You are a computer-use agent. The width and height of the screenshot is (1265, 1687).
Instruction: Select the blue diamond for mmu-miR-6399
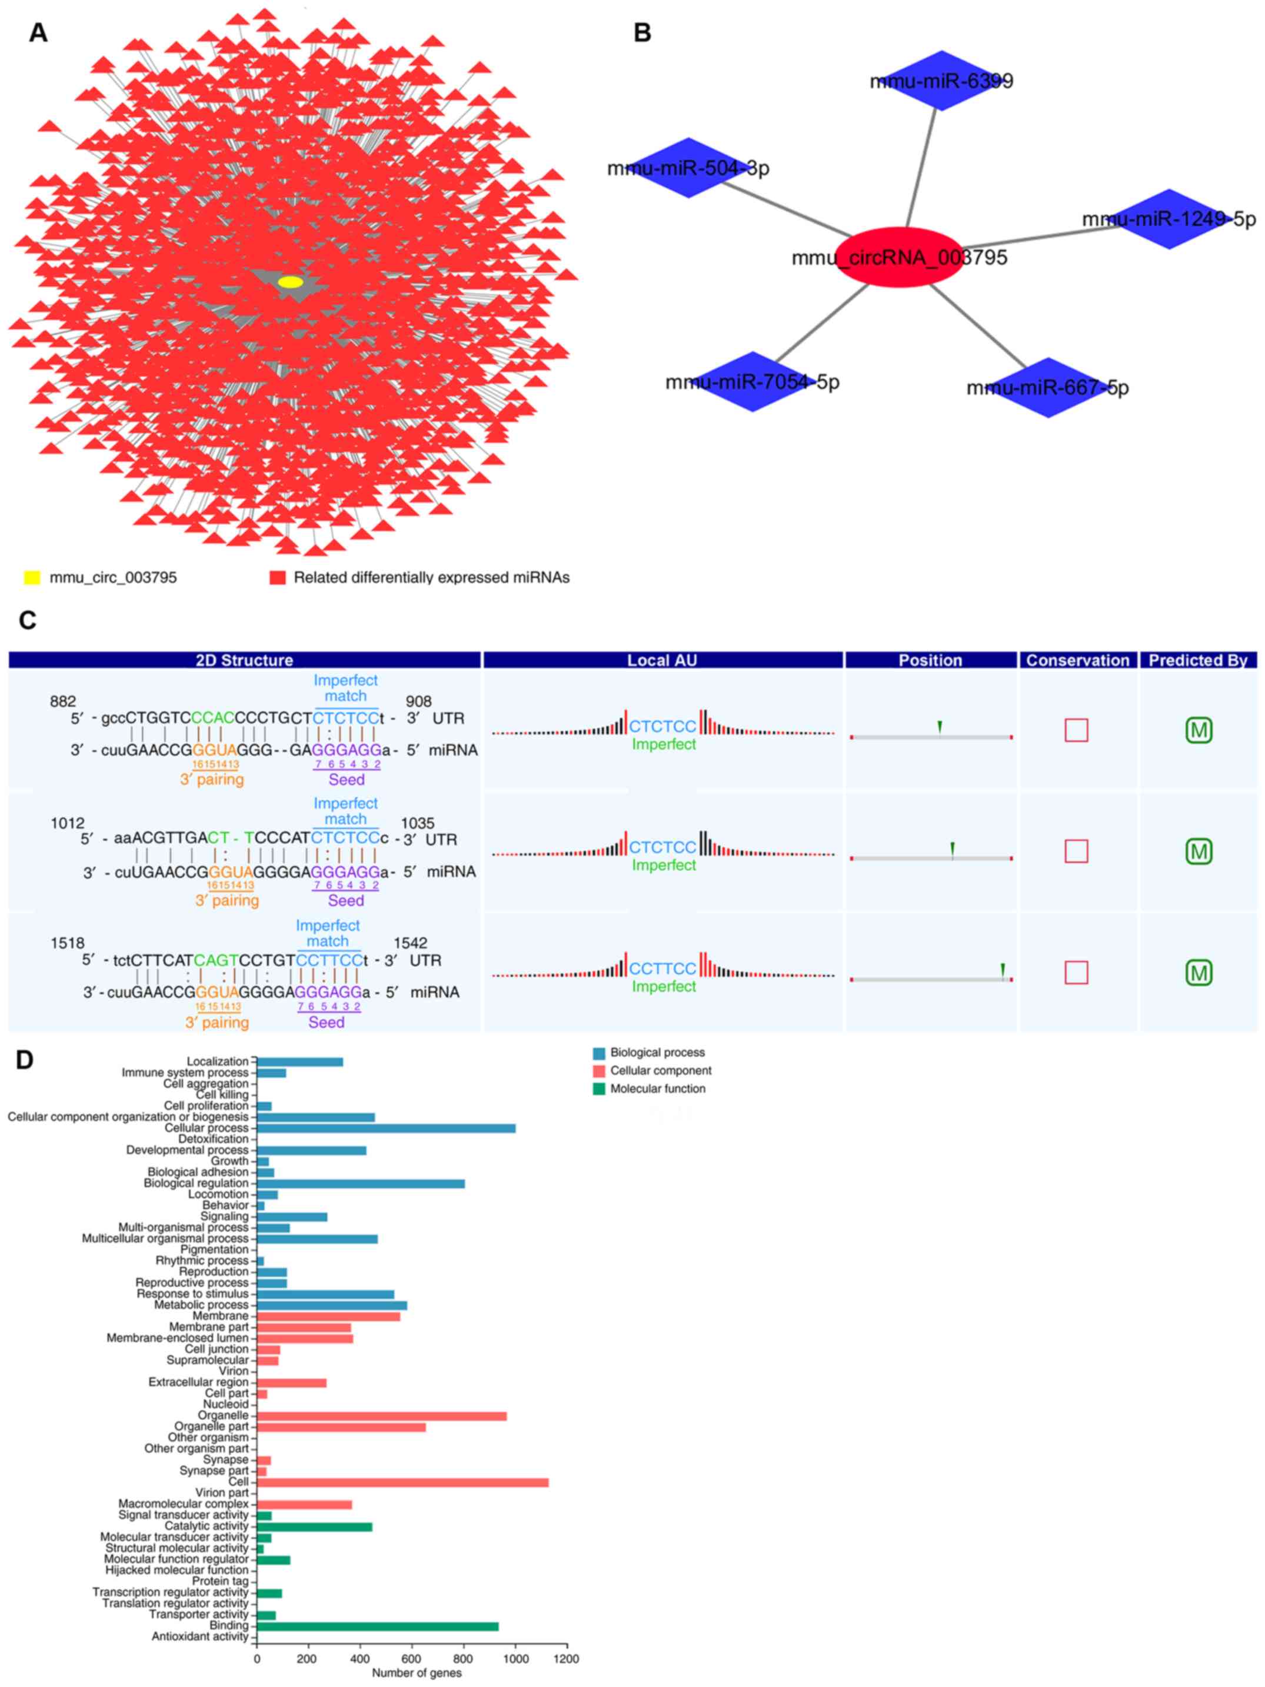click(943, 80)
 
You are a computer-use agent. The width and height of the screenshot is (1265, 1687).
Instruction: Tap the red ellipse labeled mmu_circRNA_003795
click(900, 257)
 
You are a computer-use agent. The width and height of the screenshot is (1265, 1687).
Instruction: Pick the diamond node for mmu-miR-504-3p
click(688, 168)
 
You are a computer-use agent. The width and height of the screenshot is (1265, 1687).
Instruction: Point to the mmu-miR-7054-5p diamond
click(753, 381)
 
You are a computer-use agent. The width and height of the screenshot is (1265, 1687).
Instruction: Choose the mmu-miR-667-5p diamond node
click(1049, 387)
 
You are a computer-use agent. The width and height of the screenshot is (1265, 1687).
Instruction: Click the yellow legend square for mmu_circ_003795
click(32, 577)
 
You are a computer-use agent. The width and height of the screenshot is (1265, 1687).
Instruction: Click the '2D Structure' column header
click(244, 660)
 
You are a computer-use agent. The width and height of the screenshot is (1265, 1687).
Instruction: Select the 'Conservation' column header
click(1077, 660)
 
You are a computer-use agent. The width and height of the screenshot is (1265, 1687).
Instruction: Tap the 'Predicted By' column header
click(1198, 660)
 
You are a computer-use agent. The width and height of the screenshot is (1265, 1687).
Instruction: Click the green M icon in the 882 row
click(1199, 730)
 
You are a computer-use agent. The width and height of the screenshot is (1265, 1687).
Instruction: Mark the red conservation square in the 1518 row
click(1076, 973)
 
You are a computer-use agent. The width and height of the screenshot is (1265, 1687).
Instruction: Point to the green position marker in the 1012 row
click(953, 848)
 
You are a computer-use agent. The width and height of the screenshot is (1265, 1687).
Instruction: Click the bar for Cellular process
click(386, 1128)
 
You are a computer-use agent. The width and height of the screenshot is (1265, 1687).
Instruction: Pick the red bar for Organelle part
click(341, 1426)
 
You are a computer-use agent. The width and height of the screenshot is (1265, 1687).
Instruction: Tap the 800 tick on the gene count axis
click(464, 1658)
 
